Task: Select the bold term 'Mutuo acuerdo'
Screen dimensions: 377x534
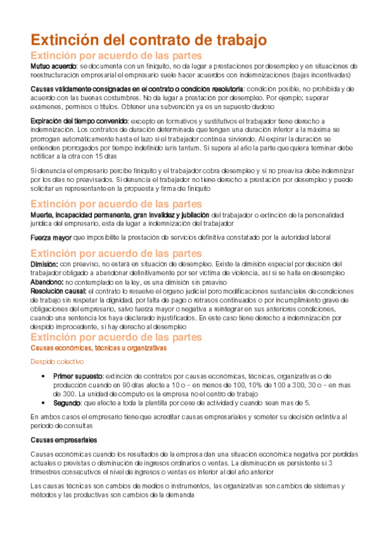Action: click(53, 65)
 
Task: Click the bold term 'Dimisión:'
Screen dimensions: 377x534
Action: click(44, 263)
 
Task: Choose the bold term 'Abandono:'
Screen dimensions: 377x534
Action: click(47, 283)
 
